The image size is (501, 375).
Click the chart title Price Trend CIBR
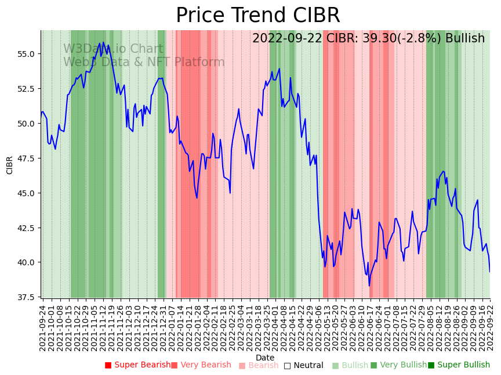point(257,16)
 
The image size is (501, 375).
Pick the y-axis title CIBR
point(10,165)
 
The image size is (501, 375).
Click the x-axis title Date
point(265,358)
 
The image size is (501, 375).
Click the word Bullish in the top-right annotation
point(465,38)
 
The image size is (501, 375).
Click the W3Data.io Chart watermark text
point(113,49)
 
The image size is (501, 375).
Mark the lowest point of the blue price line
point(369,285)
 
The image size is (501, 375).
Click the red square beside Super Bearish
point(108,365)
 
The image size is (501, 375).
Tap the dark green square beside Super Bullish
point(431,365)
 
